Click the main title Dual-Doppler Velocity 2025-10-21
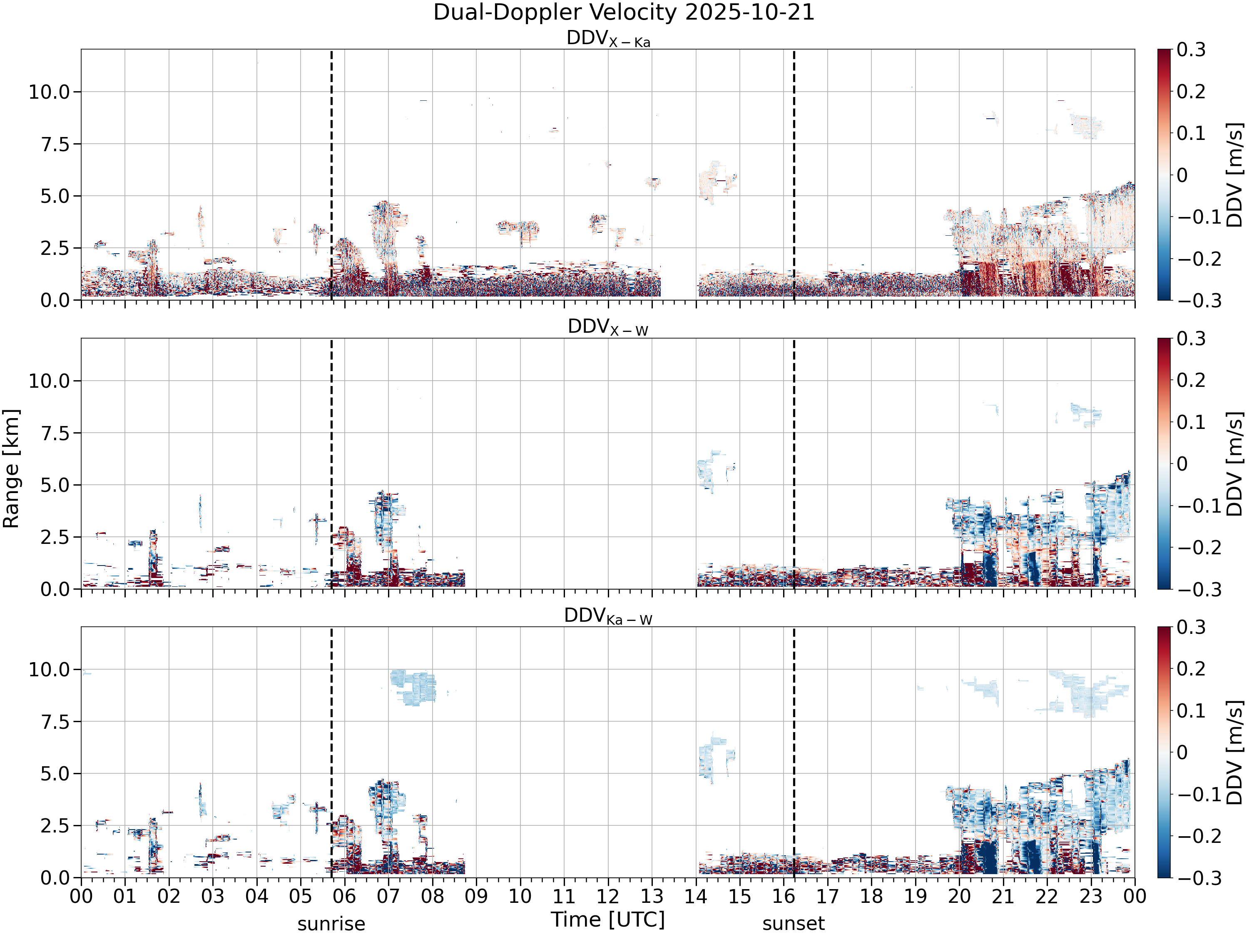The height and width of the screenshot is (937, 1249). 624,12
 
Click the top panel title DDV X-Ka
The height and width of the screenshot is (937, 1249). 608,39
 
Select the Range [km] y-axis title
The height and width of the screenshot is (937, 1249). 11,469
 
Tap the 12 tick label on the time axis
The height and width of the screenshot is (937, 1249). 608,896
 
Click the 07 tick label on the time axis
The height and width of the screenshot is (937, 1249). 388,896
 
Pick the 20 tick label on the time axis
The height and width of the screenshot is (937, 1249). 959,896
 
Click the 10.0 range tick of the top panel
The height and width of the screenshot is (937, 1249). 49,92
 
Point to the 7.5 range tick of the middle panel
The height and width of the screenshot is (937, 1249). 55,433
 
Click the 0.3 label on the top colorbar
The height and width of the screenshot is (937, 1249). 1192,50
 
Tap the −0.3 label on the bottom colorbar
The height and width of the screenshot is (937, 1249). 1192,878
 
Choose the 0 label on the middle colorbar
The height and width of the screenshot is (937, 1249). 1182,464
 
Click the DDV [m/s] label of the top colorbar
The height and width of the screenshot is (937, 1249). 1235,174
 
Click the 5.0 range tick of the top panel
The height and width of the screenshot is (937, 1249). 55,197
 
